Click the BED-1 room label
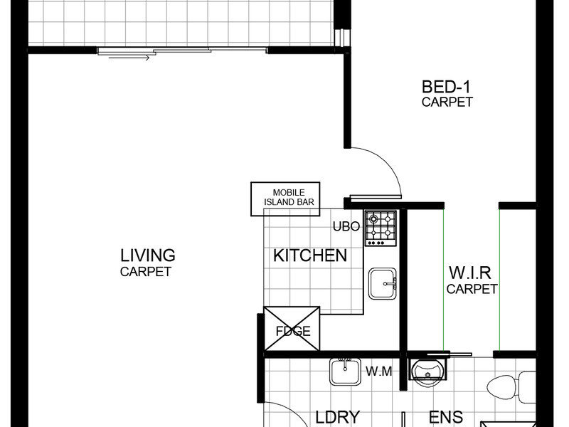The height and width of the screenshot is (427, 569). coord(446,87)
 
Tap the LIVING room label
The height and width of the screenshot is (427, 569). coord(148,255)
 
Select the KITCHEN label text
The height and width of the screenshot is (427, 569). coord(310,255)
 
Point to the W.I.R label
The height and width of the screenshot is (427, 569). coord(470,273)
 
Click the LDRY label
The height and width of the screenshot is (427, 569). coord(337,417)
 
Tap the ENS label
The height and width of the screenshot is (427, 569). coord(446,417)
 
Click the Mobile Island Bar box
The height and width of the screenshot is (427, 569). coord(285,199)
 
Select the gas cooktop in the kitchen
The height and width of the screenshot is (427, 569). coord(381,228)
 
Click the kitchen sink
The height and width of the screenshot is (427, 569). coord(383,283)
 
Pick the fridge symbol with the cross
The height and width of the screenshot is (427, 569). coord(292,329)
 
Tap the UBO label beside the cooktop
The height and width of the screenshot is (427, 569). coord(346,226)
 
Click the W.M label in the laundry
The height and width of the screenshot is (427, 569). coord(379,371)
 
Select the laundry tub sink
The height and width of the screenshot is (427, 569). coord(345,371)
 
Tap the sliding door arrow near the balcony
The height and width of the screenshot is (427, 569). coord(129,58)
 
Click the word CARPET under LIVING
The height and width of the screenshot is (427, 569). coord(146,272)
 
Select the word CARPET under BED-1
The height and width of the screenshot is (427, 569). coord(447,102)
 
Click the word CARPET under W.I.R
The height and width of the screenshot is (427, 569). coord(472,289)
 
